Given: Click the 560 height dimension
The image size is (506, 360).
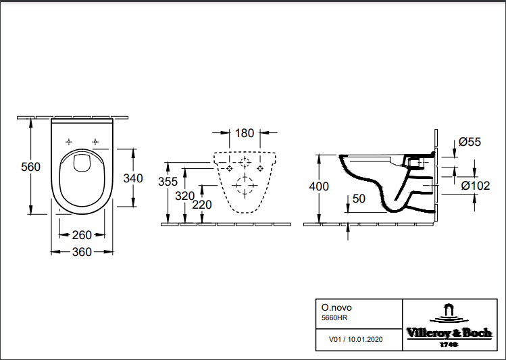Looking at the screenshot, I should [32, 167].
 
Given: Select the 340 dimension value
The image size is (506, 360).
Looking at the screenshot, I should [134, 178].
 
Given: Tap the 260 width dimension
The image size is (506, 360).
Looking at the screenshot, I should [82, 235].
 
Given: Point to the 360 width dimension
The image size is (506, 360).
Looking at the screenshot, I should [82, 251].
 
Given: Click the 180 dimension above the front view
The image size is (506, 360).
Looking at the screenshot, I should [245, 133].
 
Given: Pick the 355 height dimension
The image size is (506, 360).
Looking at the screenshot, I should [168, 181].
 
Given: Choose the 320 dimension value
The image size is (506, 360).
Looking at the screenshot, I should [185, 196].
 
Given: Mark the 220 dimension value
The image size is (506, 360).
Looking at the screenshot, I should [202, 205].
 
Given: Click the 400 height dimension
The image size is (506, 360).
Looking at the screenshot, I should [319, 186].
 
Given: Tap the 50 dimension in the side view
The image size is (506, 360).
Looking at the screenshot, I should [358, 198].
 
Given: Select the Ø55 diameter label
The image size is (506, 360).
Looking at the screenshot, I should [469, 142].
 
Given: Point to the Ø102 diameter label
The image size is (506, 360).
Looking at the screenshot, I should [475, 184].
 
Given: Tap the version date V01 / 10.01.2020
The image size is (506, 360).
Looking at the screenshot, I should [355, 339].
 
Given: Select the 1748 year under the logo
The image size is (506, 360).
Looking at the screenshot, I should [448, 344].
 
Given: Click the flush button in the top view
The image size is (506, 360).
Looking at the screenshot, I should [82, 162].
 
